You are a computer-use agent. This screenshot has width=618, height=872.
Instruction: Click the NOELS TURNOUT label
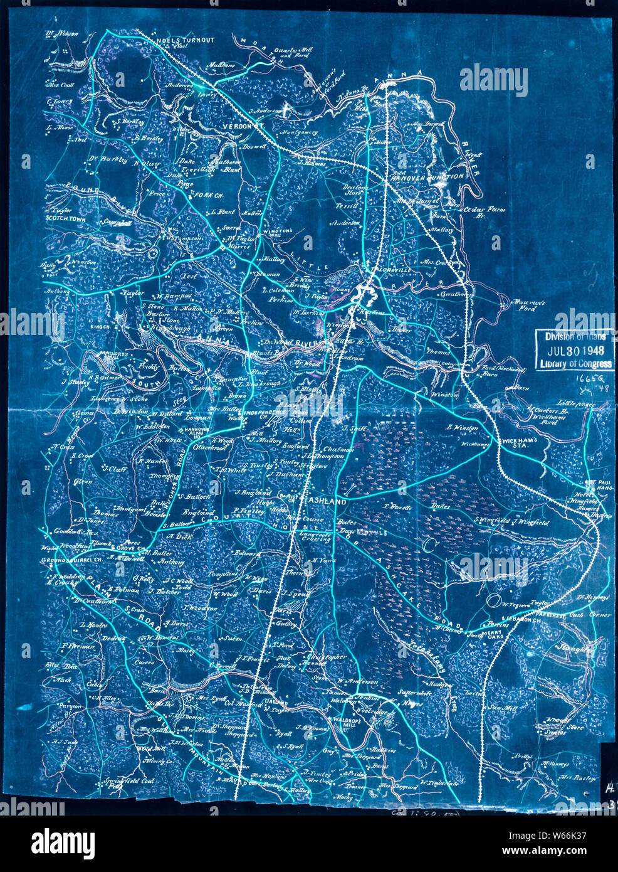(184, 40)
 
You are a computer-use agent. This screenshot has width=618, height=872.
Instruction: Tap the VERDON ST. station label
(242, 126)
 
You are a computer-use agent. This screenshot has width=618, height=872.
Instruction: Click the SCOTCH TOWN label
(65, 219)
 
